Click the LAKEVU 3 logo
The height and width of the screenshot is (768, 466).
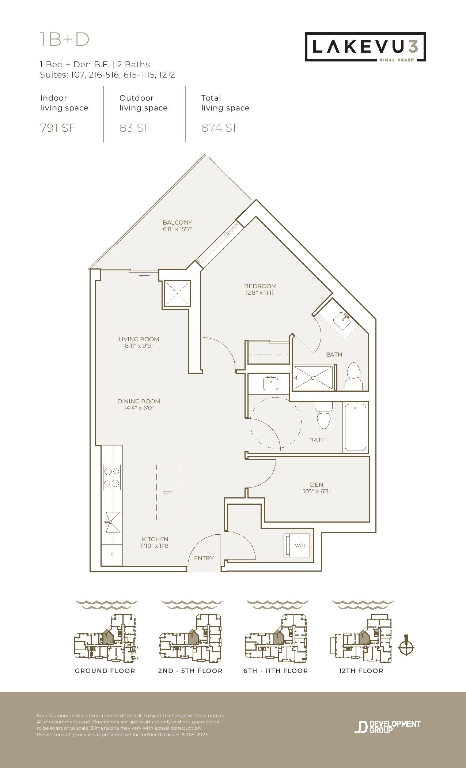coord(365,47)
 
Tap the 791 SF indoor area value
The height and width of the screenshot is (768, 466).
coord(58,128)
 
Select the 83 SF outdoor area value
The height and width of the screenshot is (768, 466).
coord(135,128)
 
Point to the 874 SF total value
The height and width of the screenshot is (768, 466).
coord(220,128)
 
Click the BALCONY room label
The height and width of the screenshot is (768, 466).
coord(177,222)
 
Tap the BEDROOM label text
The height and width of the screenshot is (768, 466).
coord(260,286)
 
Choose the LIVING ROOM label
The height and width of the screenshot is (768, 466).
coord(139,339)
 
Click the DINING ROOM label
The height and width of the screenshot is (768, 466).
coord(139,401)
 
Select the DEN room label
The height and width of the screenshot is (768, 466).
coord(317,485)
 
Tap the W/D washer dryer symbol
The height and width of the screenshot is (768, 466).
coord(297,545)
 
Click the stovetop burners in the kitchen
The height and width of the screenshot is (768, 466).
coord(112,477)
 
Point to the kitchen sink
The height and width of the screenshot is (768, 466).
coord(113,522)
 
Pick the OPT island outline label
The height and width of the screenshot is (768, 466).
coord(167,493)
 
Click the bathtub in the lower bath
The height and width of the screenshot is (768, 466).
coord(355,427)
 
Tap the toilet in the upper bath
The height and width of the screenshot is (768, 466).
coord(353,376)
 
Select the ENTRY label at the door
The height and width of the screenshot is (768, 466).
coord(204,558)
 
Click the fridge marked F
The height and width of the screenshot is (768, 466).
coord(112,554)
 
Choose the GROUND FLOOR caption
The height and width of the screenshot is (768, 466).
coord(105,671)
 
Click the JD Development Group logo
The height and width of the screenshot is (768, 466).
coord(387,727)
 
